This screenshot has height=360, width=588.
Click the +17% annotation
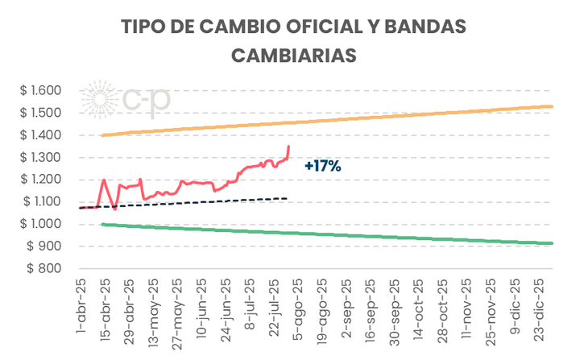(x=323, y=167)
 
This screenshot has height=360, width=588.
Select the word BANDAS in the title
(x=427, y=26)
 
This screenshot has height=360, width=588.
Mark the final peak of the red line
(x=289, y=146)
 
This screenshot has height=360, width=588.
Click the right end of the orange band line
(x=552, y=106)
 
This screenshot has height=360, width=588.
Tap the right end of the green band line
(x=552, y=243)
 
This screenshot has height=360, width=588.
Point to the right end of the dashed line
(x=287, y=198)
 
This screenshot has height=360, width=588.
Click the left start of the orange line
(x=101, y=134)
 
